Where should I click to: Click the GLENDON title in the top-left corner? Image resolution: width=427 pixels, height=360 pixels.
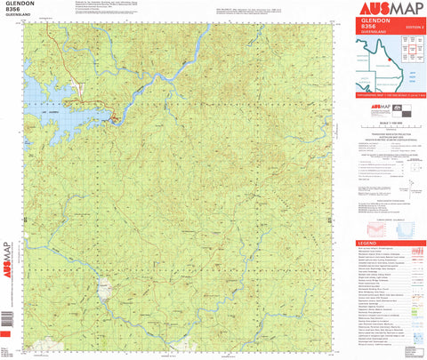(x=20, y=5)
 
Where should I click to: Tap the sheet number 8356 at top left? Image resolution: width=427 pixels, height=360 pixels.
(x=12, y=14)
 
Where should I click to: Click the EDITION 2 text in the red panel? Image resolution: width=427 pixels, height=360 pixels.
(x=412, y=28)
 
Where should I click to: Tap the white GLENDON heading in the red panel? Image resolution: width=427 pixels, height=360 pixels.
(x=370, y=22)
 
